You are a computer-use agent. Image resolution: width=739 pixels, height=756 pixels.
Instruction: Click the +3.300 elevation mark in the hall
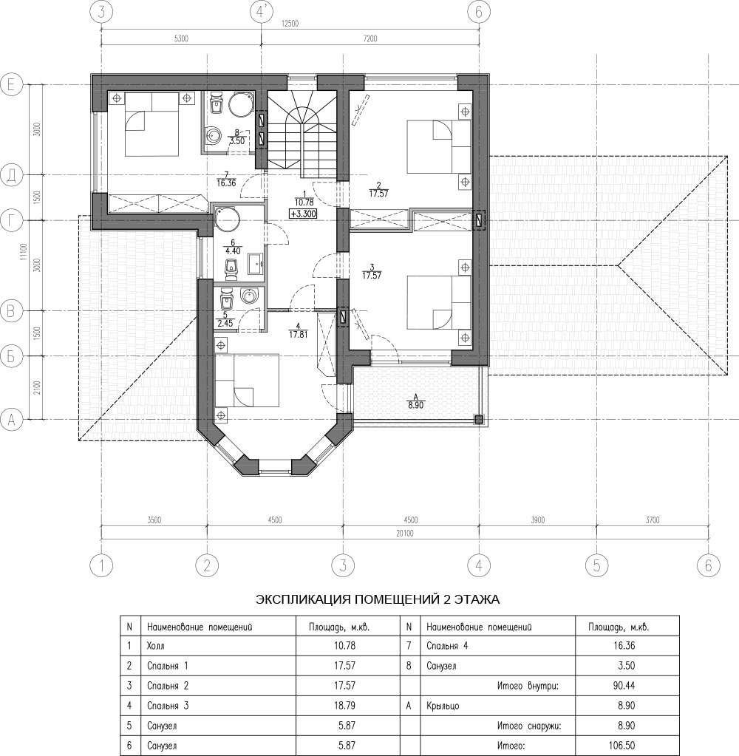tap(304, 213)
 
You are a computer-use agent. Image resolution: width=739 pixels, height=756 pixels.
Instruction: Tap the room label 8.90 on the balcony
tap(415, 406)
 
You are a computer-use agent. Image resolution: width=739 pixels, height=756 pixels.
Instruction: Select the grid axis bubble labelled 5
tap(597, 565)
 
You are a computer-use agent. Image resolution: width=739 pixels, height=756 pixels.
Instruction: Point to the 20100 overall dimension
tap(405, 534)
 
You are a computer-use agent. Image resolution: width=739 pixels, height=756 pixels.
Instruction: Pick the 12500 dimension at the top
tap(290, 24)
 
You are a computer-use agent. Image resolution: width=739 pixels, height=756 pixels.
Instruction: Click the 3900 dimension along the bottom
tap(537, 520)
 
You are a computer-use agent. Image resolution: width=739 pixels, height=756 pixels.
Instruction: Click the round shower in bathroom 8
tap(239, 103)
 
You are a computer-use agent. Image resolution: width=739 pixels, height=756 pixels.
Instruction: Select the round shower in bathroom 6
tap(227, 219)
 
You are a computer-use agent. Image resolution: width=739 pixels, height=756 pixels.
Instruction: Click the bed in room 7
tap(151, 124)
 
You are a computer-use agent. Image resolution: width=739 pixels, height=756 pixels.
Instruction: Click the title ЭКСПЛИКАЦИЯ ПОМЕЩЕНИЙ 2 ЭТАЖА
tap(378, 600)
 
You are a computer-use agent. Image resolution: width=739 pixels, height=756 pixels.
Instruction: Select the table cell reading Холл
tap(155, 645)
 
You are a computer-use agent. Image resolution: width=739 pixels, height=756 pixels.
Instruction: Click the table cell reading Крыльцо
tap(443, 706)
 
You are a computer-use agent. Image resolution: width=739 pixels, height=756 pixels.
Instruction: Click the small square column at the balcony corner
tap(478, 420)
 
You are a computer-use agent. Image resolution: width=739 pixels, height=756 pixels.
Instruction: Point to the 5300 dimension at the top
tap(181, 39)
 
